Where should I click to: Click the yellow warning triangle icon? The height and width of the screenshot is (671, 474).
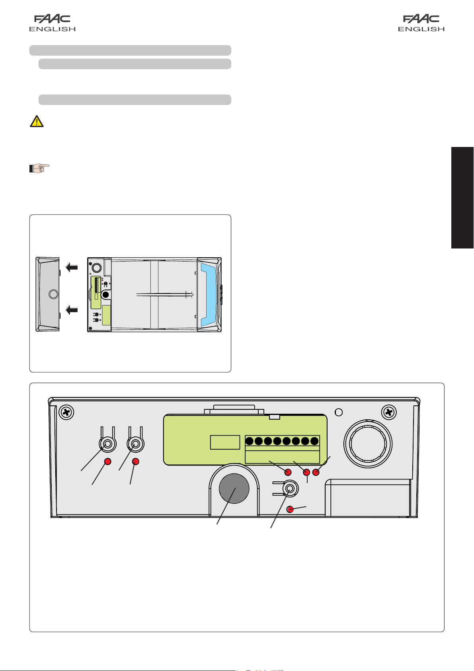coord(37,121)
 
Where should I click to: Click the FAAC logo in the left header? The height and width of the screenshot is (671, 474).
coord(53,23)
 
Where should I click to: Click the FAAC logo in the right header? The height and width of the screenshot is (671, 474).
coord(421,23)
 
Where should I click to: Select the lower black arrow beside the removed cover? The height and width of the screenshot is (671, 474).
coord(72,309)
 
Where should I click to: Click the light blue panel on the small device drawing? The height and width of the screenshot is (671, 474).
coord(209,294)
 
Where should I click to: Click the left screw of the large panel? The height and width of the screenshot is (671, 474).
coord(66,412)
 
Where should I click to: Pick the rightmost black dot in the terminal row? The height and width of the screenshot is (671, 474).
coord(314,441)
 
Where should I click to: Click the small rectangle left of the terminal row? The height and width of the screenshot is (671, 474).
coord(225,442)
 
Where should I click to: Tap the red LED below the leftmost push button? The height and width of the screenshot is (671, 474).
coord(107,462)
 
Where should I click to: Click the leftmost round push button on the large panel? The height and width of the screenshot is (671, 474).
coord(107,444)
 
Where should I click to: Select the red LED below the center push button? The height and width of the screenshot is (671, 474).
coord(291,509)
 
